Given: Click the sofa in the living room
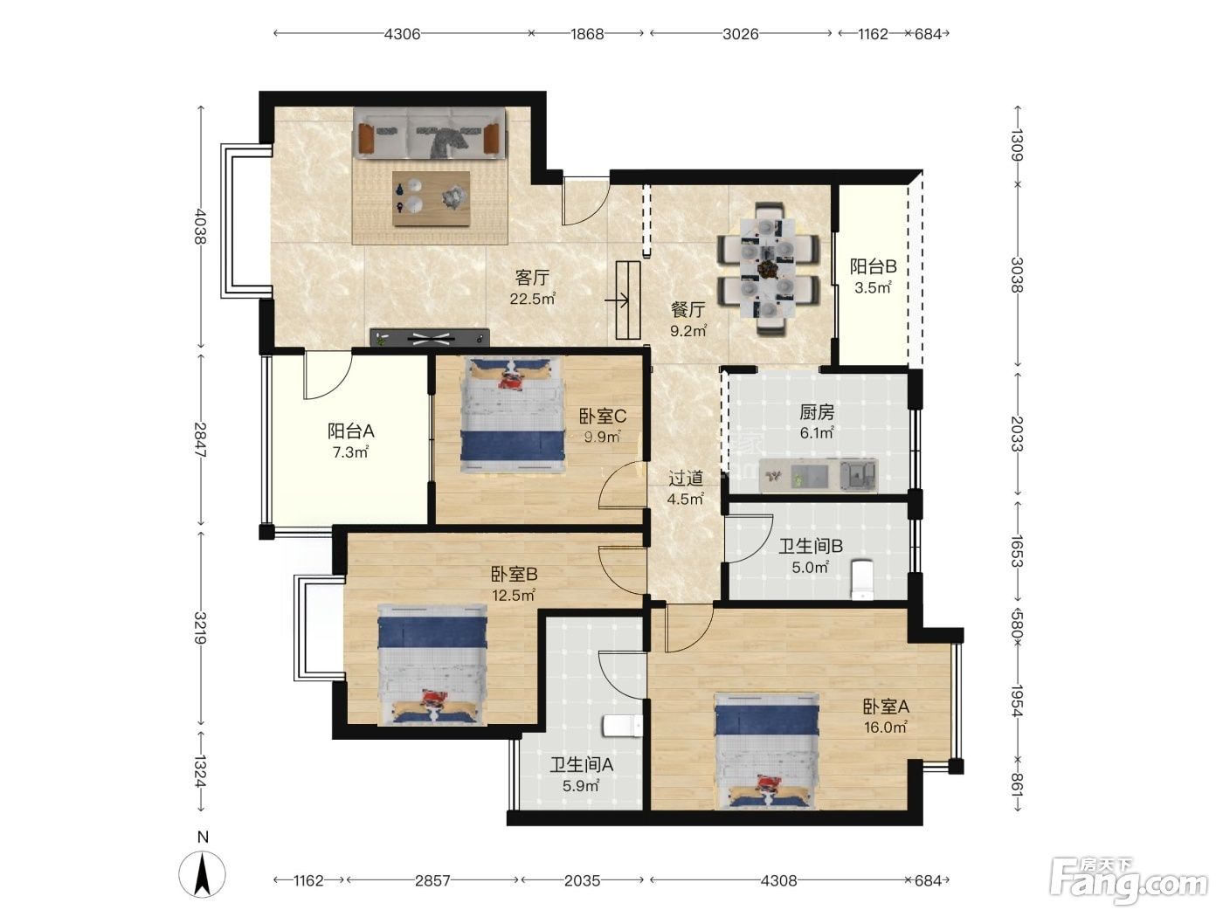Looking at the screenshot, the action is (x=430, y=134).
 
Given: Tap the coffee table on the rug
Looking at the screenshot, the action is (x=431, y=199).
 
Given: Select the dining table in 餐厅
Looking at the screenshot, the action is (x=769, y=270).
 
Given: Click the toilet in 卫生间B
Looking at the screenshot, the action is (x=861, y=580).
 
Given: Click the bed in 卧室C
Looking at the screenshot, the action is (x=513, y=416).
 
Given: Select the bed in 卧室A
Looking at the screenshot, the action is (x=767, y=750).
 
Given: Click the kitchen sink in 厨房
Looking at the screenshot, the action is (x=858, y=476).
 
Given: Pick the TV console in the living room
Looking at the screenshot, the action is (x=430, y=337).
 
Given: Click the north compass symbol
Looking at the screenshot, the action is (x=203, y=873).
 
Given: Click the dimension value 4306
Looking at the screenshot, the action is (x=403, y=34).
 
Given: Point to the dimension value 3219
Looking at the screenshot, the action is (x=201, y=628).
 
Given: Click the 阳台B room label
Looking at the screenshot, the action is (x=873, y=266).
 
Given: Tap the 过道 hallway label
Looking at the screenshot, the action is (x=686, y=478).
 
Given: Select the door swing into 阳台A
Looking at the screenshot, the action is (x=328, y=376).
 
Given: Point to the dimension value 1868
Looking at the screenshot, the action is (x=587, y=34).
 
